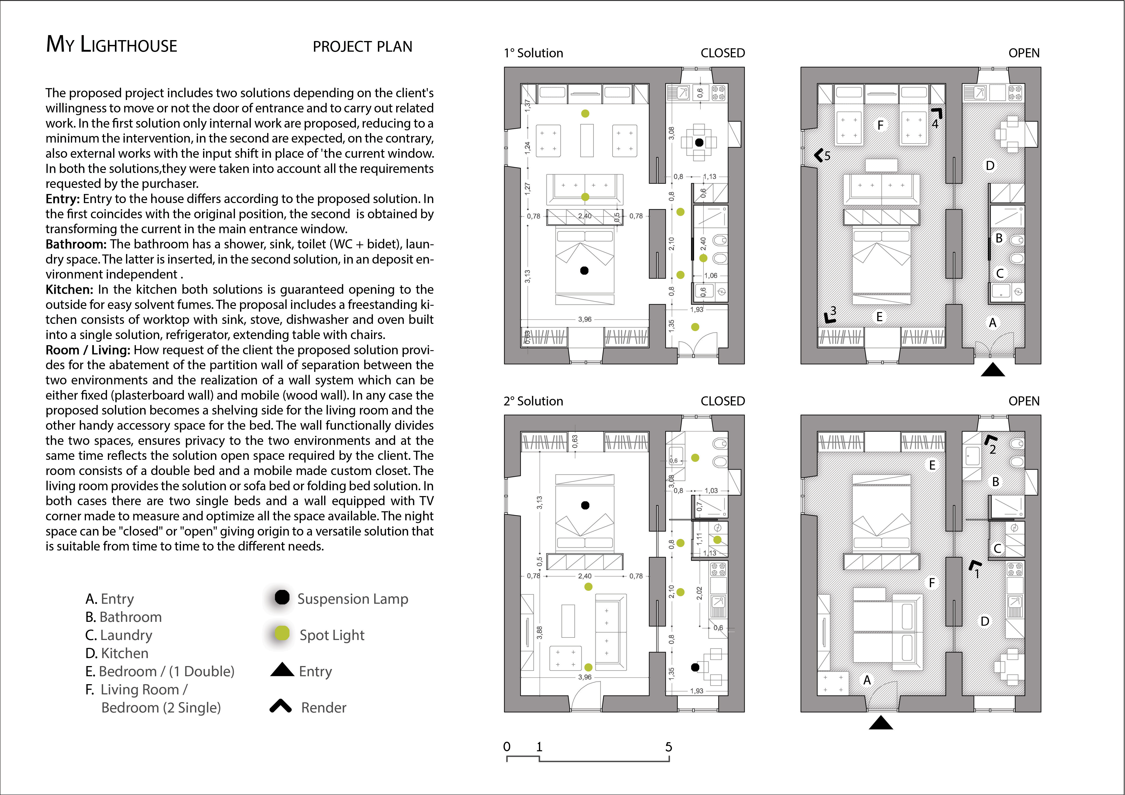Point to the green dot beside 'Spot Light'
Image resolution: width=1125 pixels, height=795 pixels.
pyautogui.click(x=282, y=633)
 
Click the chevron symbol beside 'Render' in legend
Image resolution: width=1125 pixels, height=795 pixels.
pyautogui.click(x=281, y=706)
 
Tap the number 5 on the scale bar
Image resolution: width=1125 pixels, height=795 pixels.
pyautogui.click(x=668, y=747)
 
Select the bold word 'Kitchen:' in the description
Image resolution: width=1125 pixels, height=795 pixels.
pyautogui.click(x=69, y=289)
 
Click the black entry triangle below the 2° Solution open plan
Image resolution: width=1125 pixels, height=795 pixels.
pyautogui.click(x=880, y=722)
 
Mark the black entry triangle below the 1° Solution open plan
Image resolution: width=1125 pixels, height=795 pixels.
pyautogui.click(x=993, y=370)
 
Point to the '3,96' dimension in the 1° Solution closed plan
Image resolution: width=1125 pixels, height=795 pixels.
pyautogui.click(x=585, y=319)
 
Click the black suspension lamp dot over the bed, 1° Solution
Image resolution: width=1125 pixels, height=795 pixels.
pyautogui.click(x=584, y=270)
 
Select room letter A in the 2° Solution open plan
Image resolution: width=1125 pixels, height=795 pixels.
pyautogui.click(x=867, y=680)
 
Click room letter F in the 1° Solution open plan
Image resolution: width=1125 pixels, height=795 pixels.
pyautogui.click(x=880, y=125)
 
